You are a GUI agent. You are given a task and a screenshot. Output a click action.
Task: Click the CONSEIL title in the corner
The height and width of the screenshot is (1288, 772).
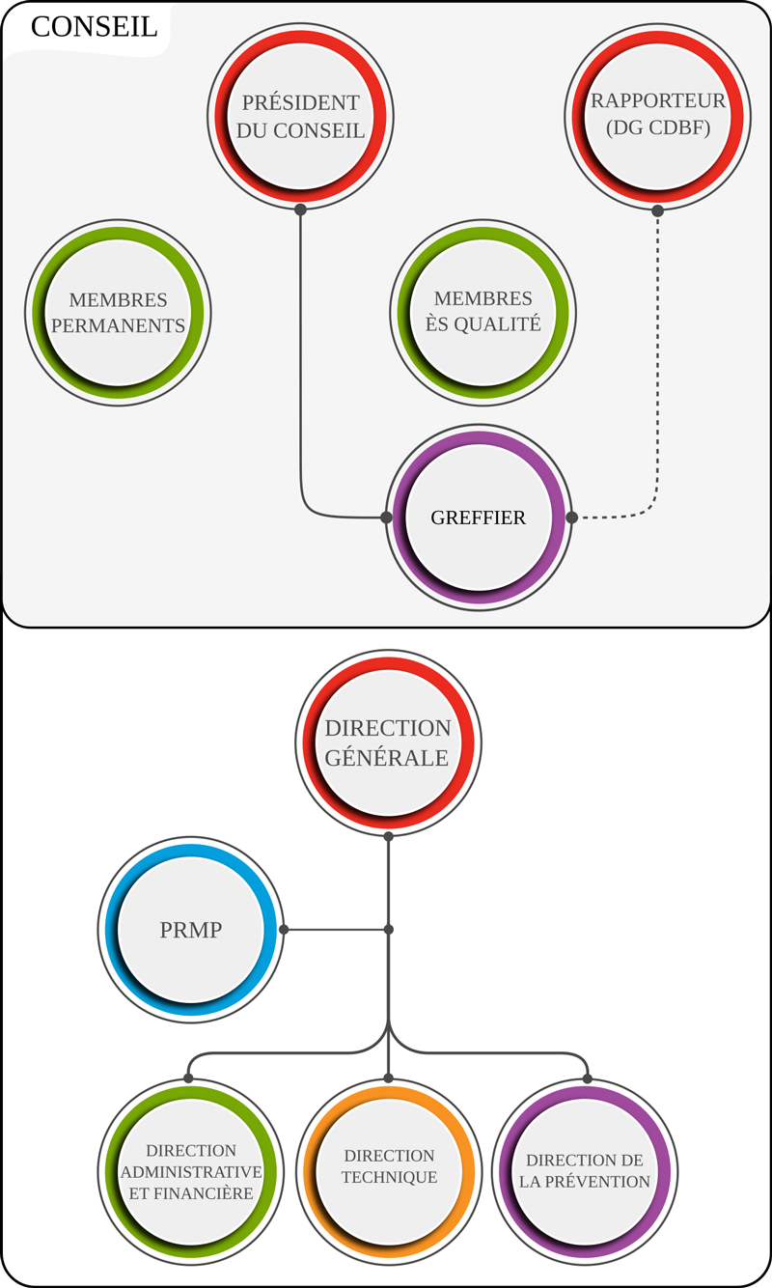coord(94,27)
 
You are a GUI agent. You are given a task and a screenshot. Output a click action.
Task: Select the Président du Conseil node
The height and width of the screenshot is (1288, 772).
coord(300,116)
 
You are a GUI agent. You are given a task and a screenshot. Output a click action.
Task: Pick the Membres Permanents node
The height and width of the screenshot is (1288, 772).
coord(118,313)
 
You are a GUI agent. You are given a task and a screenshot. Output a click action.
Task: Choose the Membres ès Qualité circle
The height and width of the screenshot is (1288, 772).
coord(482,313)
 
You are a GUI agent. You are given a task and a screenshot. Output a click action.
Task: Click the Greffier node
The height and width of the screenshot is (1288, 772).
coord(479,518)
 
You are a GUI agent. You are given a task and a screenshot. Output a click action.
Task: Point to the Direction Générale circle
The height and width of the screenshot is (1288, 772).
coord(387,742)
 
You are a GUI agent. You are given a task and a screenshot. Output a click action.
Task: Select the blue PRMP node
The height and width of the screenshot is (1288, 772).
coord(190,931)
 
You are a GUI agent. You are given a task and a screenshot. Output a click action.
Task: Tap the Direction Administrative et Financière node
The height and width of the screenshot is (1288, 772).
coord(190,1170)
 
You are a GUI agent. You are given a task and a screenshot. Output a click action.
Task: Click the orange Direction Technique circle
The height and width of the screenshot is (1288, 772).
coord(388,1166)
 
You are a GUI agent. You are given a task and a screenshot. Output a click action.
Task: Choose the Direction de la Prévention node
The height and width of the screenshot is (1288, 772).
coord(585,1170)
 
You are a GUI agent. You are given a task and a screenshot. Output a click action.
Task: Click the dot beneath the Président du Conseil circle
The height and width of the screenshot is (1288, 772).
coord(300,210)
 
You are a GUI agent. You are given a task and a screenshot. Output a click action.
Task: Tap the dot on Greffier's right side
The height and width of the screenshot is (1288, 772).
coord(571,518)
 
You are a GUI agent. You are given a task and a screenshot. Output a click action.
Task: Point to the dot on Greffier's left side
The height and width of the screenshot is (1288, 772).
coord(386,518)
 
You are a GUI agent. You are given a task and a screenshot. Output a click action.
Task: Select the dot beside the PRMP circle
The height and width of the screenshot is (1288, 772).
coord(284,930)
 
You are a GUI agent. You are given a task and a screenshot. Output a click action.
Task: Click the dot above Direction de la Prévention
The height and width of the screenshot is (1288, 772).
coord(587,1078)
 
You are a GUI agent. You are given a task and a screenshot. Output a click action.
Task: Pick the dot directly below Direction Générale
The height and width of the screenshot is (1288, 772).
coord(388,836)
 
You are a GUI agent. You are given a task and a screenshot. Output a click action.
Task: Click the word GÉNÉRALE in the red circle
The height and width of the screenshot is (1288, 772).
coord(387,758)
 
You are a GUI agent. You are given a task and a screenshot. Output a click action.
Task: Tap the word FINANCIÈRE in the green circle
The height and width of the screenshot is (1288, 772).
coord(204,1193)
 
